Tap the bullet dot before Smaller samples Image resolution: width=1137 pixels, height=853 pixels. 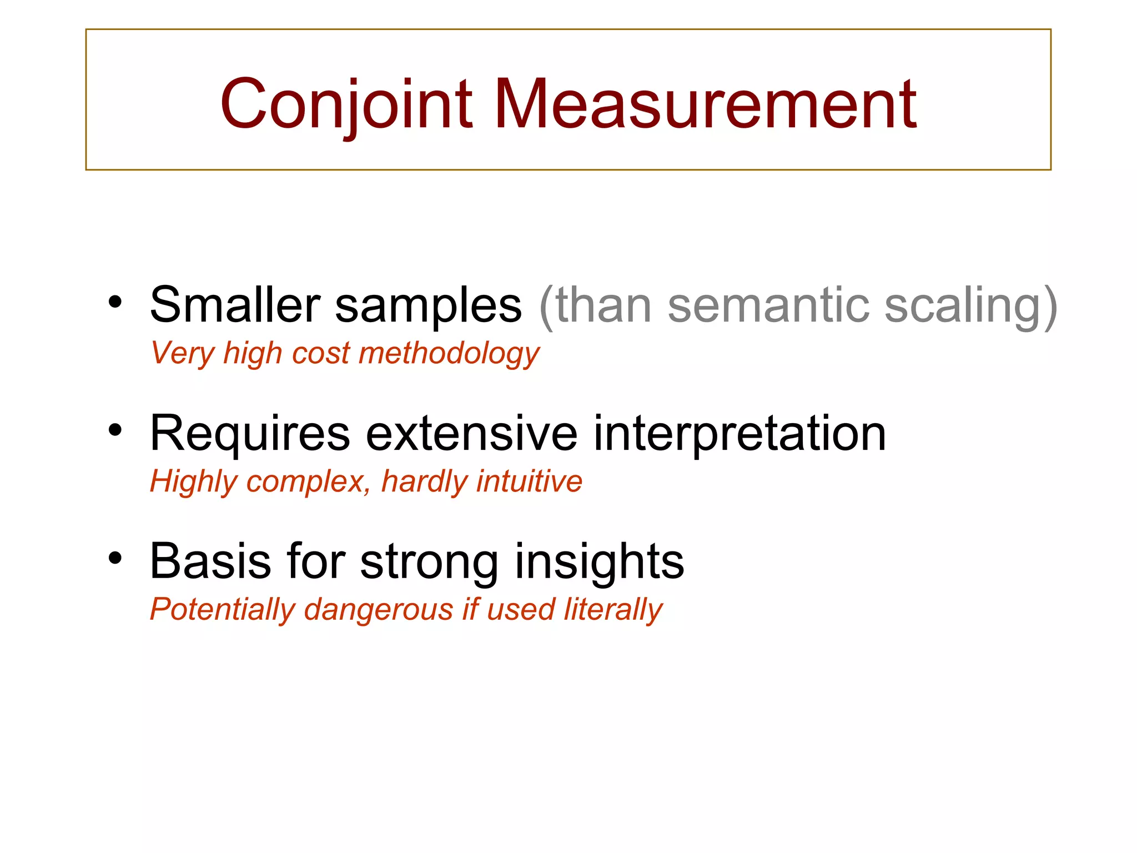[115, 302]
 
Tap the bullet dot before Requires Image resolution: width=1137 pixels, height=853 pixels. [115, 430]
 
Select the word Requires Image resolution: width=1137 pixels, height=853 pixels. [250, 434]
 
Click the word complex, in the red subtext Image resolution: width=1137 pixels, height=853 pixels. [309, 482]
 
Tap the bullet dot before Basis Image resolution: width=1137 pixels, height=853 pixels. [115, 558]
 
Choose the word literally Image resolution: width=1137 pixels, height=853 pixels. [613, 610]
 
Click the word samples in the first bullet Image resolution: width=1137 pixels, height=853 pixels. [428, 305]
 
